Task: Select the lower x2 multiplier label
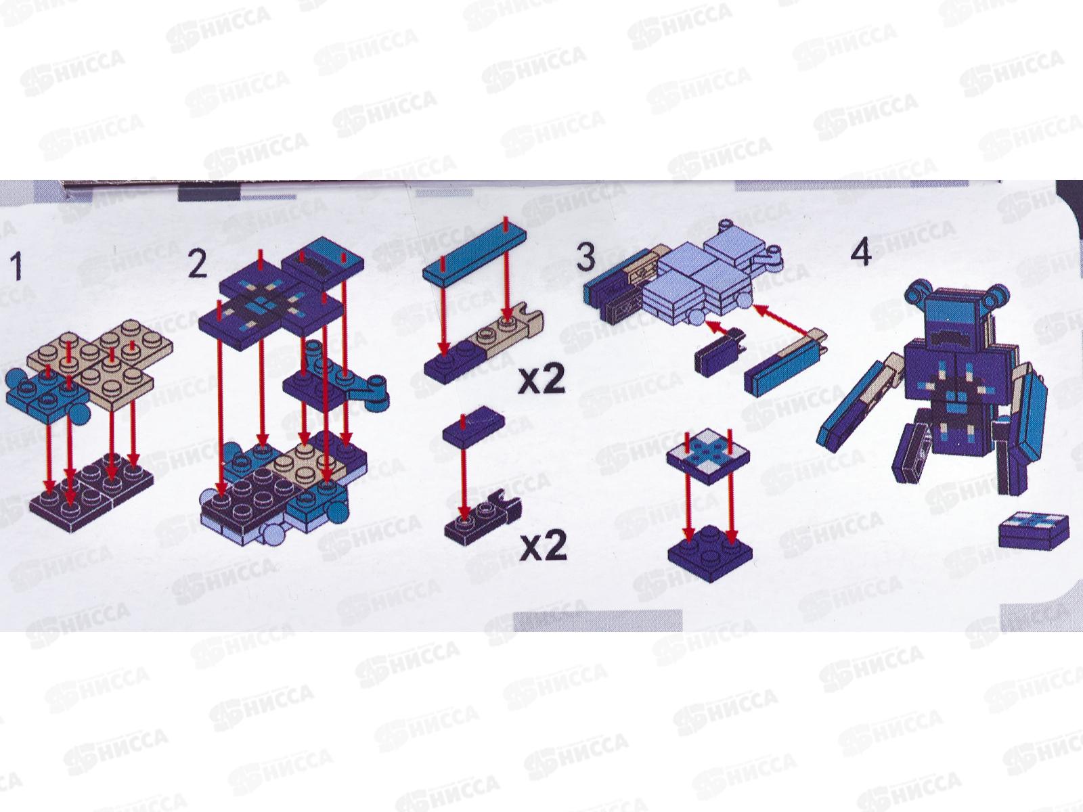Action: click(544, 546)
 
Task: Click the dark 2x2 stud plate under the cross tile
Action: click(711, 553)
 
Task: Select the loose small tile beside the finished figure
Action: click(1034, 531)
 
